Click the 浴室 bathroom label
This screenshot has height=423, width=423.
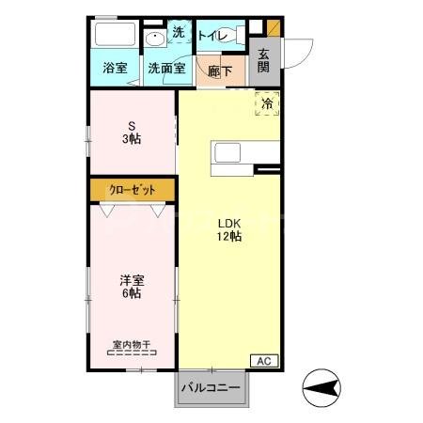coord(115,69)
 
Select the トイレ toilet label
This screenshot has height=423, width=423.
coord(213,36)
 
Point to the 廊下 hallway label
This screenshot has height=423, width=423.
coord(219,70)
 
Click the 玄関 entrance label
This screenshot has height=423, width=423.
coord(264,61)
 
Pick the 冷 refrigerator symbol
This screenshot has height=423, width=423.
coord(266,103)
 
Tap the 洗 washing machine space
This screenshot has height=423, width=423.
coord(178,33)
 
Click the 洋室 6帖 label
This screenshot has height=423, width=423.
coord(131,287)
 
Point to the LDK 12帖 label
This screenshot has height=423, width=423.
coord(230,230)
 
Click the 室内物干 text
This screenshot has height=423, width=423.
coord(131,343)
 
